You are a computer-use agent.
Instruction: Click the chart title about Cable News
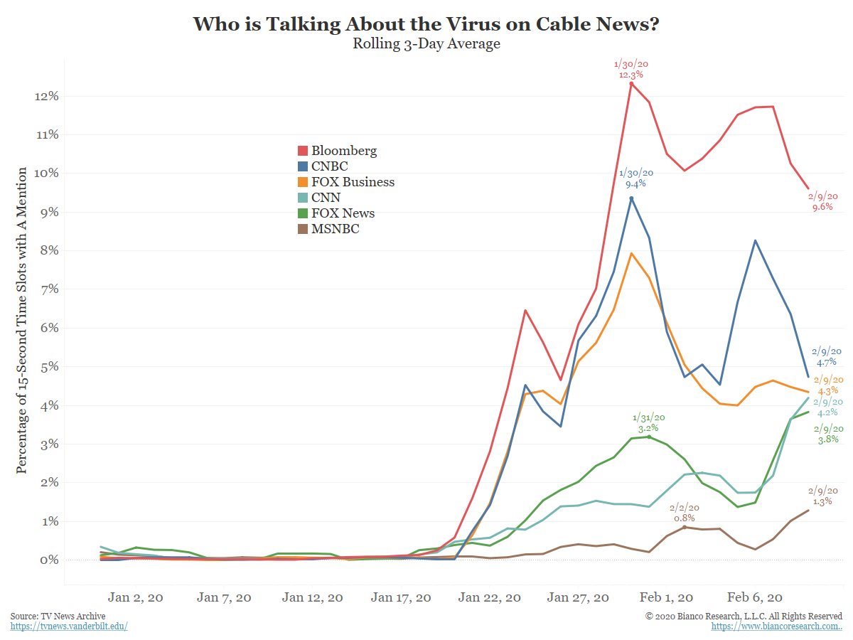pyautogui.click(x=426, y=23)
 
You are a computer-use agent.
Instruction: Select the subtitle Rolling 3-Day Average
pyautogui.click(x=426, y=44)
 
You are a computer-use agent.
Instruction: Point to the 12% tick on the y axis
pyautogui.click(x=45, y=96)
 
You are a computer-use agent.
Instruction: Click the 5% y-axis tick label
pyautogui.click(x=48, y=367)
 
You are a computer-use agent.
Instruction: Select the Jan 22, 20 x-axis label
pyautogui.click(x=490, y=597)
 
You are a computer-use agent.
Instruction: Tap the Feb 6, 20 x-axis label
pyautogui.click(x=756, y=597)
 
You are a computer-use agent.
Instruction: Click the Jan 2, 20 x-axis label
pyautogui.click(x=136, y=597)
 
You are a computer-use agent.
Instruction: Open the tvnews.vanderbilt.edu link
pyautogui.click(x=69, y=626)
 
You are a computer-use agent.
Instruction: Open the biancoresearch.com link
pyautogui.click(x=776, y=626)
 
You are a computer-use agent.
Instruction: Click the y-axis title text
pyautogui.click(x=22, y=320)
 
